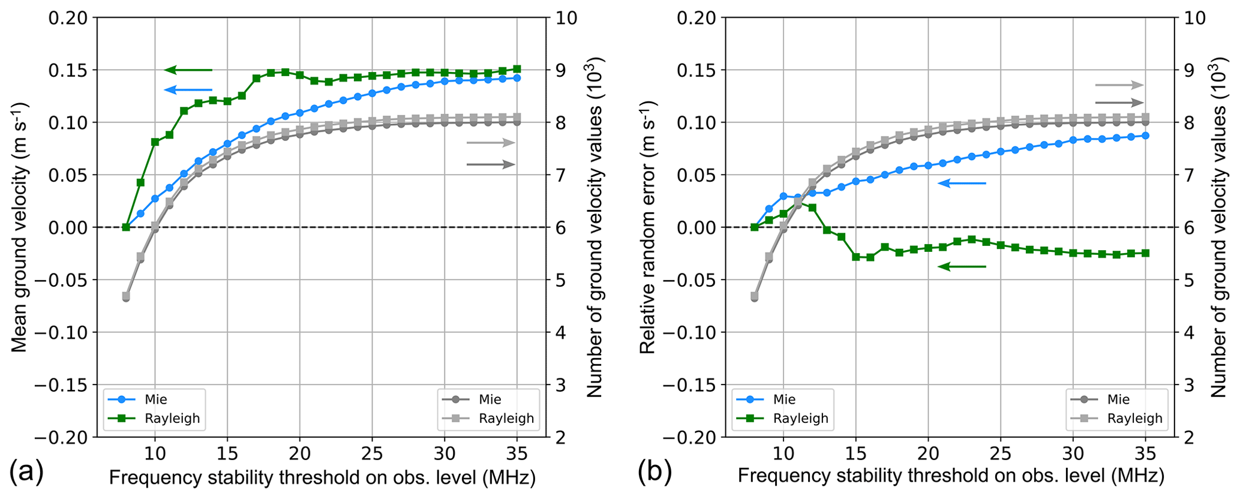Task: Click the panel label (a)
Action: point(27,473)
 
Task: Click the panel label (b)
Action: point(654,473)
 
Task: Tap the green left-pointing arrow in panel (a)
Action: point(188,70)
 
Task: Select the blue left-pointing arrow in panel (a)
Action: point(188,90)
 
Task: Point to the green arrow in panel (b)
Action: point(962,266)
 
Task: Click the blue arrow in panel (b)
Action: point(962,183)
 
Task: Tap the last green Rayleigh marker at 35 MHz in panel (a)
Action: point(517,69)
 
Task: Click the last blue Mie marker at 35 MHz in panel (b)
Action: point(1145,136)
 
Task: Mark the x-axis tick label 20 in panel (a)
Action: point(300,453)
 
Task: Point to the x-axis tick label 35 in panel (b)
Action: point(1145,453)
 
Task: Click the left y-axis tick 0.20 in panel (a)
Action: point(68,18)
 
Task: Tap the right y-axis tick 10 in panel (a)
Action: point(566,18)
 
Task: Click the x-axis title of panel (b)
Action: point(951,477)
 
